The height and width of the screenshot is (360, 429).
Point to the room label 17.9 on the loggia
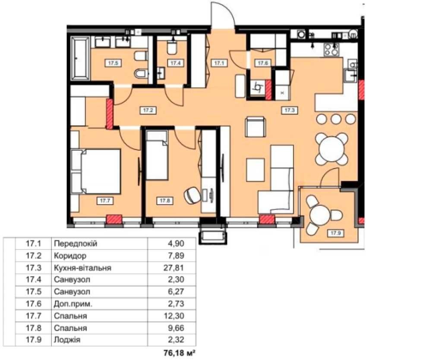click(336, 233)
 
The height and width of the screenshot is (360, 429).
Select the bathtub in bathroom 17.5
click(80, 58)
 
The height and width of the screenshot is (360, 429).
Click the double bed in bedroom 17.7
click(96, 171)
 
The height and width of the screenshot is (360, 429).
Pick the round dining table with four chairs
click(331, 149)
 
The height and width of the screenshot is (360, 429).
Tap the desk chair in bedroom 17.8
click(192, 195)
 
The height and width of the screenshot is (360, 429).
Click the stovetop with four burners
click(331, 50)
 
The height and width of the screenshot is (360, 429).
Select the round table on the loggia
click(319, 214)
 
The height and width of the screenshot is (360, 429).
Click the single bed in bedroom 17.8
click(157, 155)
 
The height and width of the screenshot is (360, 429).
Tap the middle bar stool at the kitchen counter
click(335, 119)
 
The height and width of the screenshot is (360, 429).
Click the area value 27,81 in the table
click(174, 268)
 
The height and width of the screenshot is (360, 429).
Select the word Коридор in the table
click(70, 256)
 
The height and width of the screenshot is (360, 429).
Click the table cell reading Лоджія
click(67, 340)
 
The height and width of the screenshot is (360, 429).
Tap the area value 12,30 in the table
click(174, 316)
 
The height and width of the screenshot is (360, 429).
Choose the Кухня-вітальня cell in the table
click(82, 268)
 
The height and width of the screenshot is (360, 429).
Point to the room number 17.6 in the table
click(33, 303)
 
